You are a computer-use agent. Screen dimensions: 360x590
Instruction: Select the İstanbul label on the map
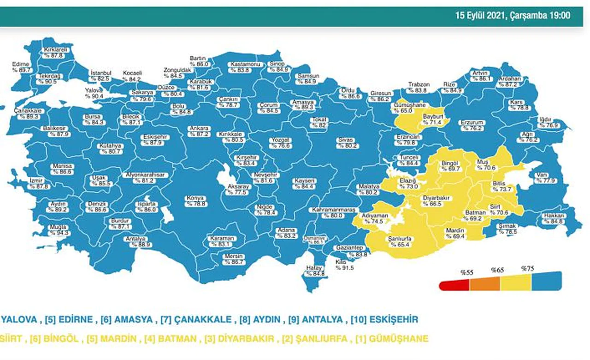[101, 73]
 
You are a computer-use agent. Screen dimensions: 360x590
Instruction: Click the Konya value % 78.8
[195, 204]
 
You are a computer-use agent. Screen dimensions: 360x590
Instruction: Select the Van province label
[541, 175]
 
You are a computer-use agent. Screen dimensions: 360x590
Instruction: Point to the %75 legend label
[527, 269]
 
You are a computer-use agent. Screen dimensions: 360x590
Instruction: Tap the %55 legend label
[467, 272]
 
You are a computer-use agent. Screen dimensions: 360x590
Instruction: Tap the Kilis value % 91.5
[344, 267]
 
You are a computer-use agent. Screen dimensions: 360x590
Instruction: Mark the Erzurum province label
[472, 123]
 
